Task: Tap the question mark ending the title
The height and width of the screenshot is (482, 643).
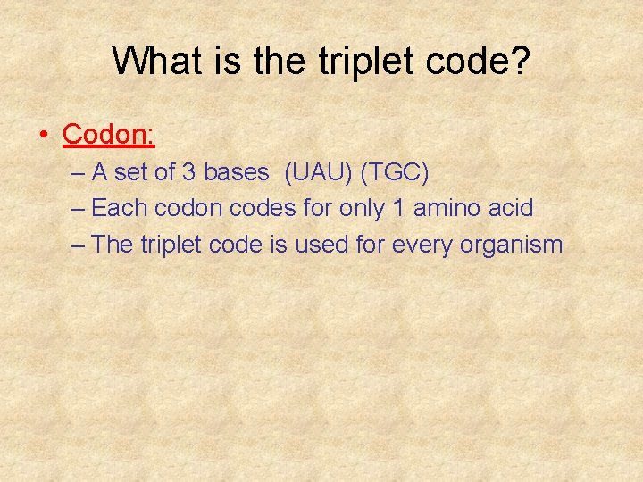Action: pyautogui.click(x=521, y=61)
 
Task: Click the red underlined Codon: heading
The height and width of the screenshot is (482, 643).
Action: pyautogui.click(x=109, y=135)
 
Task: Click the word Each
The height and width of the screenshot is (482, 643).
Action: pyautogui.click(x=120, y=208)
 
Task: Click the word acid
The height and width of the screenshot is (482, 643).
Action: pyautogui.click(x=512, y=208)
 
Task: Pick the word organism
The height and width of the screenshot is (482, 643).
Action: pyautogui.click(x=512, y=245)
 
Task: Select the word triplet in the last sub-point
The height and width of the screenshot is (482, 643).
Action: pyautogui.click(x=171, y=245)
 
